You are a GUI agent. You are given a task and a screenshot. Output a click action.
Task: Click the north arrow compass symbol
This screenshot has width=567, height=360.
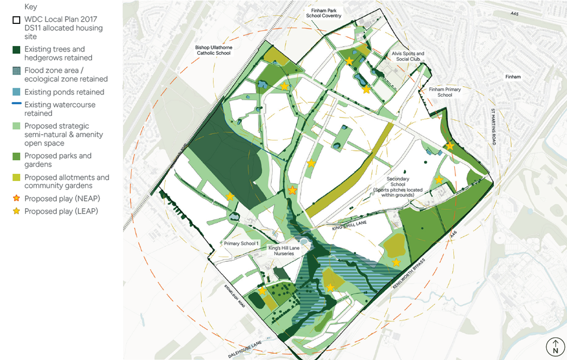coord(555,347)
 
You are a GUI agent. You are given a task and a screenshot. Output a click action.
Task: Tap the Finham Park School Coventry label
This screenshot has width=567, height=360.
coord(323,13)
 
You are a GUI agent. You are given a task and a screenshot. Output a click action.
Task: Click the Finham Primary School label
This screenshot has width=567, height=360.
coord(444,92)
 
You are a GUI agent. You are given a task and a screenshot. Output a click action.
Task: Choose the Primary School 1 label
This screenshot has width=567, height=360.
coord(241,244)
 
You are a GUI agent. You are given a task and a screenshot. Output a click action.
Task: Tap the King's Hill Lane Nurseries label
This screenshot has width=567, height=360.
coord(284,251)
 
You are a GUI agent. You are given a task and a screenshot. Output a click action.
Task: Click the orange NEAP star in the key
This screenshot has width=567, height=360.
coord(17,198)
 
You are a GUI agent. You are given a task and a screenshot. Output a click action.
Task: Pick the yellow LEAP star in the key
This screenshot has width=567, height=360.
coord(17,211)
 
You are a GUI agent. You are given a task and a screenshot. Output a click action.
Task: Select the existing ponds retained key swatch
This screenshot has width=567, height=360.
coord(17,92)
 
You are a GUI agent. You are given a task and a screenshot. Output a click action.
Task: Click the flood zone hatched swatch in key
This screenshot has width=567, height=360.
coord(17,71)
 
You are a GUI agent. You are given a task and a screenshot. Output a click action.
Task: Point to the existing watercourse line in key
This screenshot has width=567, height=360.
coord(17,104)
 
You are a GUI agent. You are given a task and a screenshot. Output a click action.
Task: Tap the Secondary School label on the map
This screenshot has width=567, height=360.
coord(398,184)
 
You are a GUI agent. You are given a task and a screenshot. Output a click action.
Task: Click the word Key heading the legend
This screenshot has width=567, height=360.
coord(31,7)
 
